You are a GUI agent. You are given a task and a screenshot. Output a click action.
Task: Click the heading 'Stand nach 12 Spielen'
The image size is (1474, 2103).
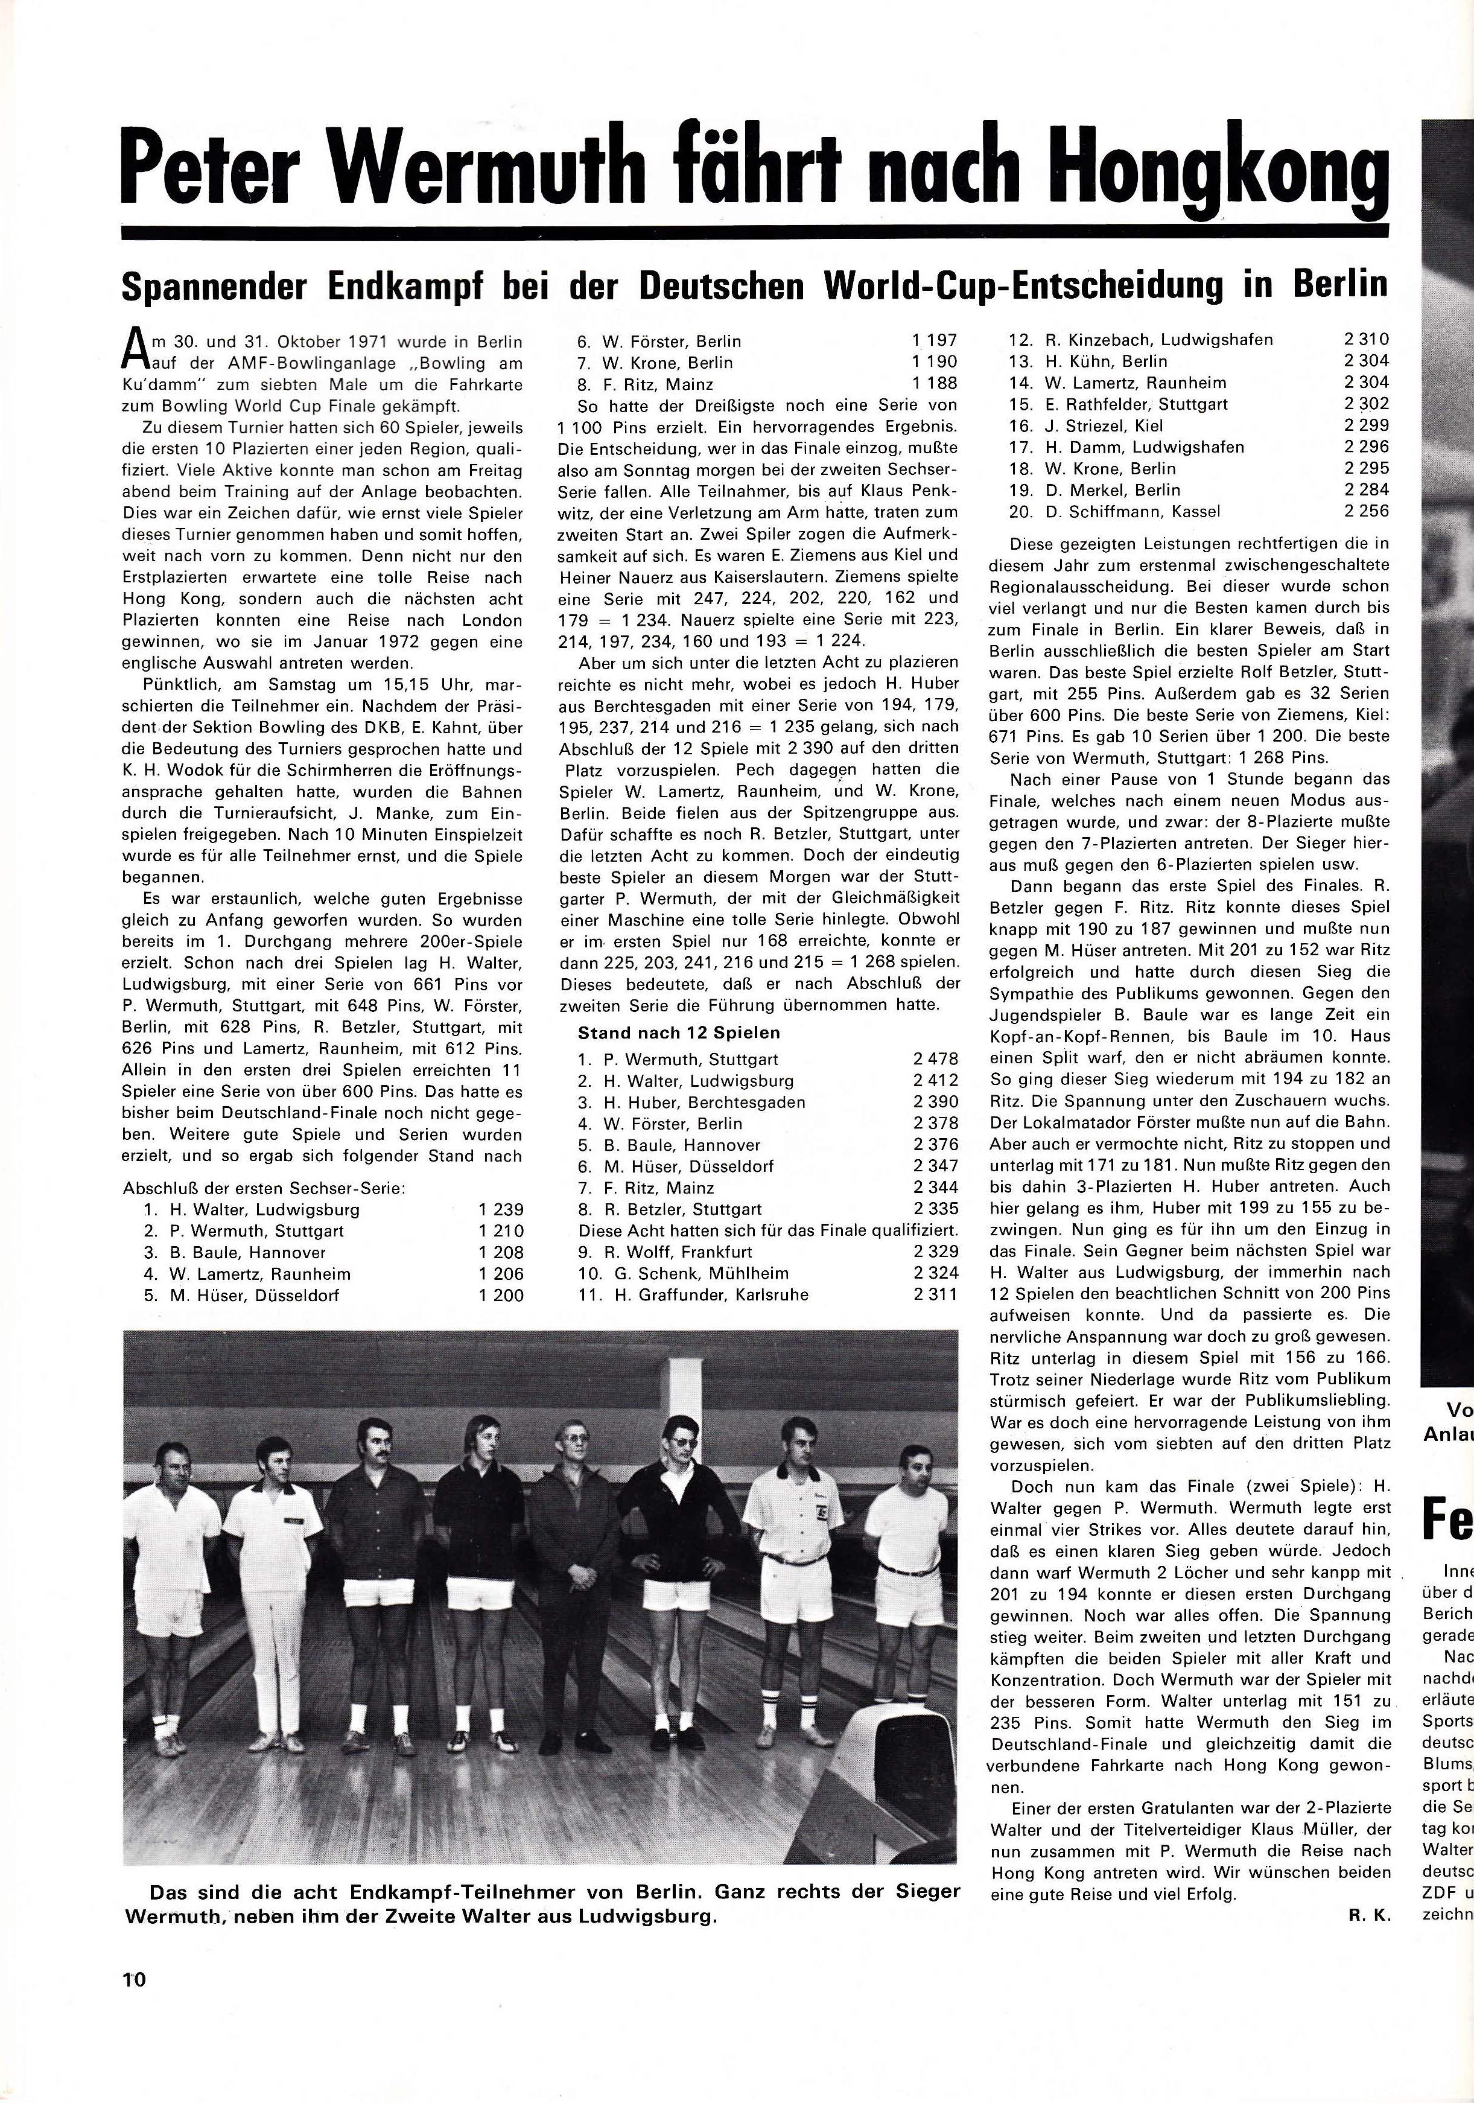678,1032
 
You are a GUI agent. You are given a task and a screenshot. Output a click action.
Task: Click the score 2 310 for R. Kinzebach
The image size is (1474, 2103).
1366,340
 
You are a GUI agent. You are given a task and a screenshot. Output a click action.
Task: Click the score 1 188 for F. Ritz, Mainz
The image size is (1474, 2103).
935,384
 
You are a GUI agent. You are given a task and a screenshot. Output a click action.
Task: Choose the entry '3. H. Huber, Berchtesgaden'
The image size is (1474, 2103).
691,1102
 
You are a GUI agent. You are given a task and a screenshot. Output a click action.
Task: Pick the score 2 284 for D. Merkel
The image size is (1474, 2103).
1366,489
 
